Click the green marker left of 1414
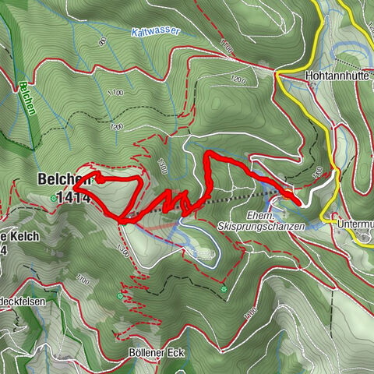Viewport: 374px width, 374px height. [x=53, y=199]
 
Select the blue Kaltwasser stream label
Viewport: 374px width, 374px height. [x=155, y=32]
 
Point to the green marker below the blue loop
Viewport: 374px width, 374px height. [x=224, y=289]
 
